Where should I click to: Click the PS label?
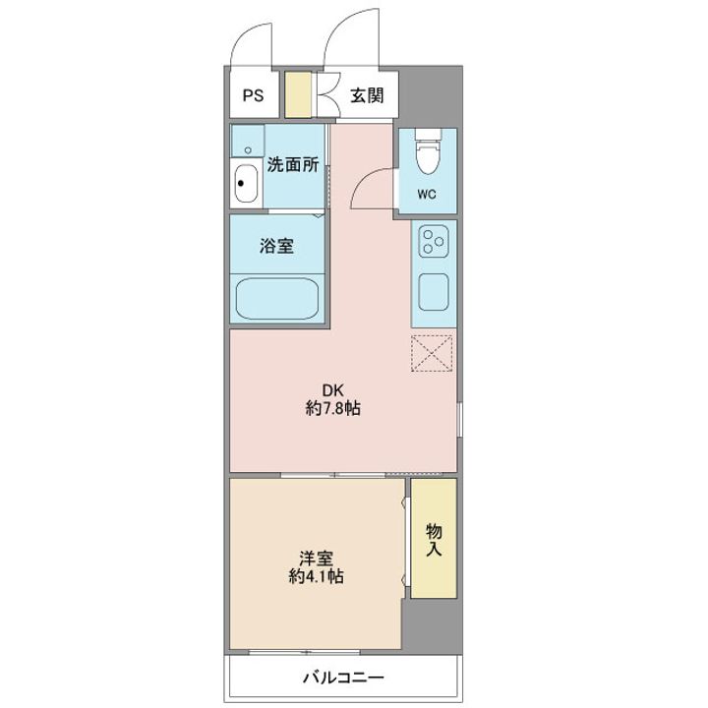coord(254,96)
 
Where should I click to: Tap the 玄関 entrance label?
coord(367,96)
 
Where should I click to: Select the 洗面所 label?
coord(293,165)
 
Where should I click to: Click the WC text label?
coord(426,194)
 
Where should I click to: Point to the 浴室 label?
coord(277,247)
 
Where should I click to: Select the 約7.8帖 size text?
coord(333,408)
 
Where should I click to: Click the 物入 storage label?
coord(434,539)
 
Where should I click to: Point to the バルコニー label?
coord(342,678)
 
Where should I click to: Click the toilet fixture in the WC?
coord(427,152)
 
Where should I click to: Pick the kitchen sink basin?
coord(434,291)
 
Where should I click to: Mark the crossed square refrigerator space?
coord(433,353)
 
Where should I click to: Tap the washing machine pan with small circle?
coord(249,141)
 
